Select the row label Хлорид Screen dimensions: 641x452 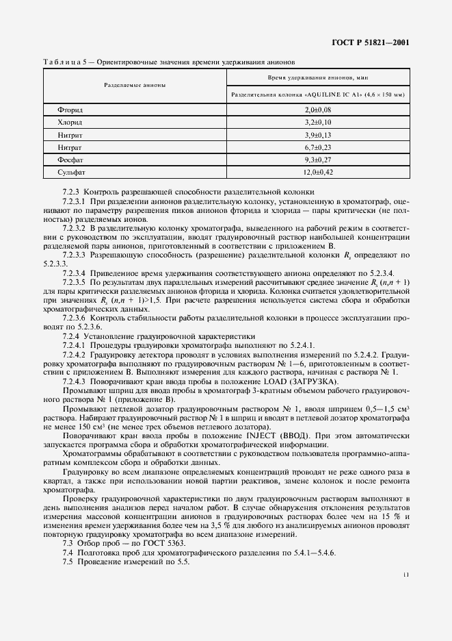coord(71,122)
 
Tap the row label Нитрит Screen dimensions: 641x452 coord(71,135)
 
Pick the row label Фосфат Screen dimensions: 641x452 coord(71,160)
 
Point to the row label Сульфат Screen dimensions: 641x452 coord(72,172)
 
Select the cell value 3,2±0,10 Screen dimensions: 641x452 coord(317,122)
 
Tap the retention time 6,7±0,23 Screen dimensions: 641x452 coord(317,147)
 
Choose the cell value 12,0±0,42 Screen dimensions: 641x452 coord(317,172)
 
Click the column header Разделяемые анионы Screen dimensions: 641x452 coord(135,86)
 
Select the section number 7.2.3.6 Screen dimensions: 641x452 coord(74,318)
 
